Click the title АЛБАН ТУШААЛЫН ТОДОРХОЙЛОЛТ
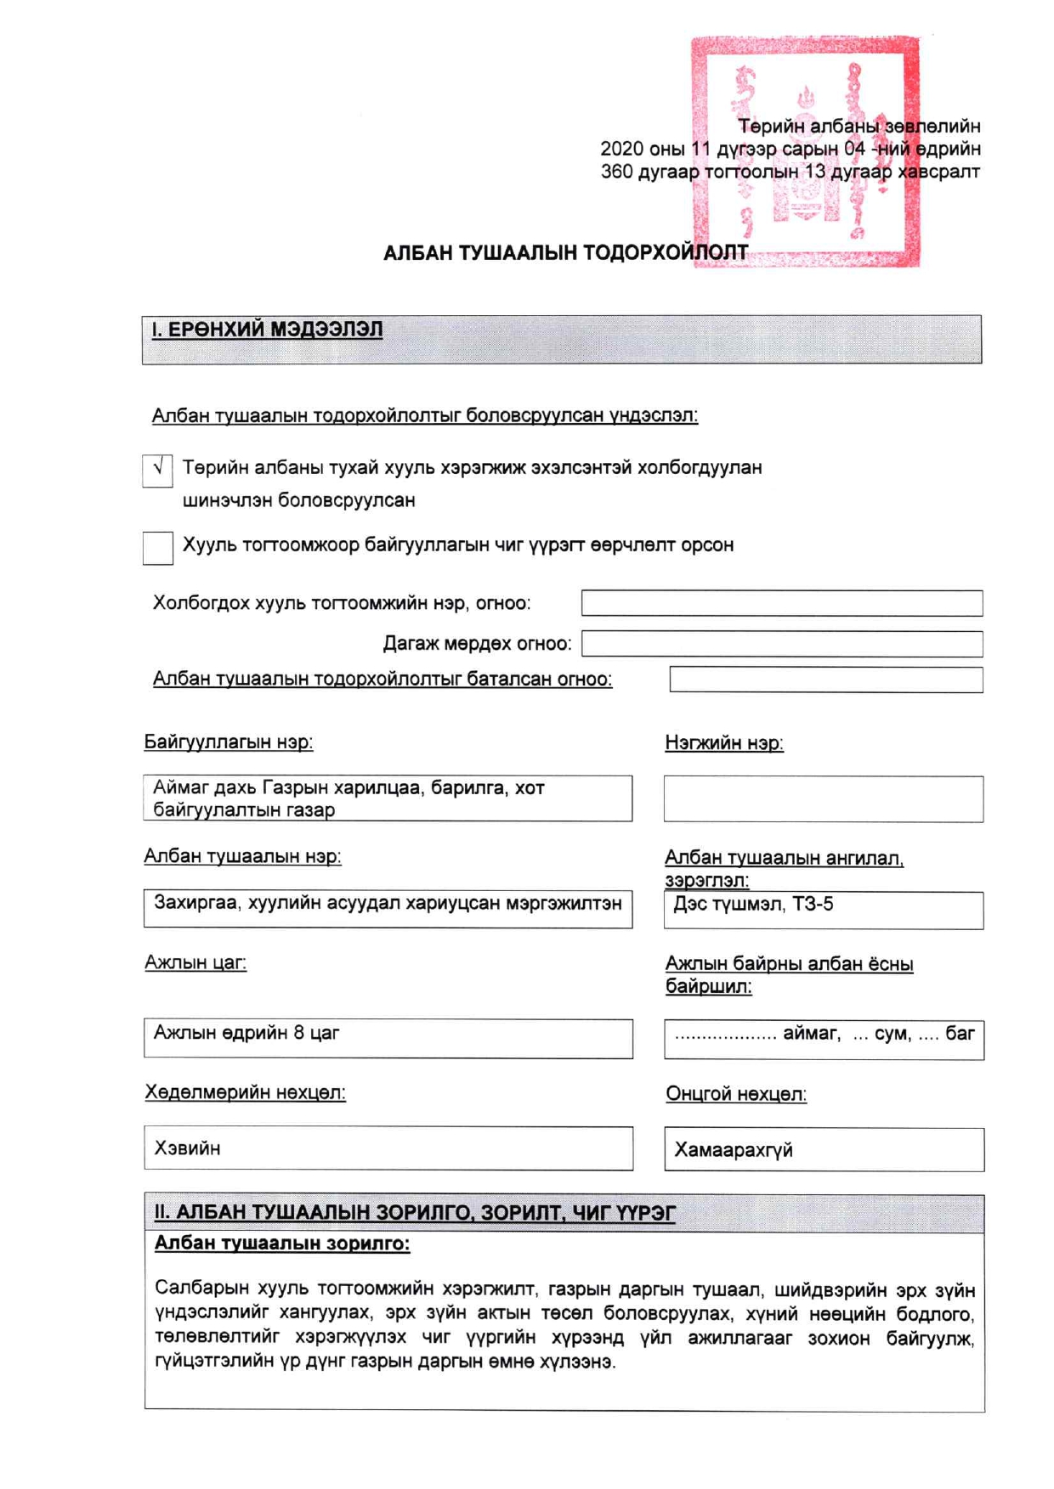(x=565, y=253)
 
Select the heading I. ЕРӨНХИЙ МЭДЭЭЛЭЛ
(x=267, y=330)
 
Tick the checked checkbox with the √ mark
(x=158, y=470)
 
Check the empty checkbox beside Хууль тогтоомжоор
(x=158, y=548)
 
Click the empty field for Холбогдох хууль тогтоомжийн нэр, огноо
(x=782, y=603)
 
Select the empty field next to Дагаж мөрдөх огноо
(x=782, y=644)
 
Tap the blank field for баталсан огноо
(x=826, y=680)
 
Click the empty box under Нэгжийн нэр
(x=823, y=799)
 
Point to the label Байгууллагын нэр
(x=228, y=742)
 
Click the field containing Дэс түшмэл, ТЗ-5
(x=823, y=910)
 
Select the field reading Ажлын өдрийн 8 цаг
(x=388, y=1038)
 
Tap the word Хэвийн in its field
(x=188, y=1148)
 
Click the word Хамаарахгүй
(x=734, y=1150)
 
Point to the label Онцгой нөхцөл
(x=736, y=1094)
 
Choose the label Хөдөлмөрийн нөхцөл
(x=245, y=1092)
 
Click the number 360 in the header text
(x=616, y=172)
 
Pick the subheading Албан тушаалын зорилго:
(x=282, y=1244)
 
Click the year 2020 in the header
(x=621, y=149)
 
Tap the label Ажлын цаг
(x=195, y=963)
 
